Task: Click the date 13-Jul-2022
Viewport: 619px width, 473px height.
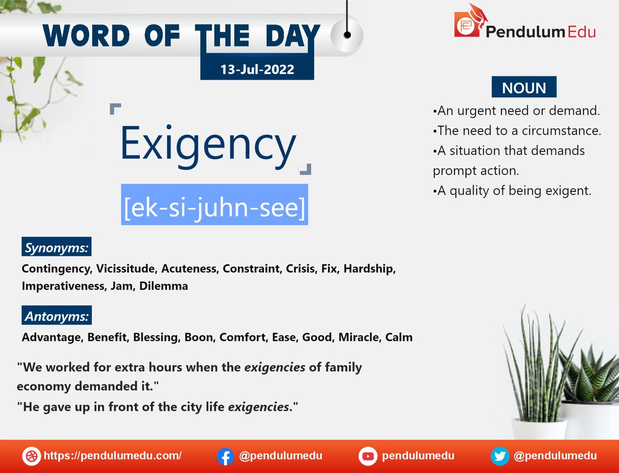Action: pyautogui.click(x=257, y=69)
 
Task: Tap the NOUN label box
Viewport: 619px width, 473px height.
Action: pyautogui.click(x=524, y=87)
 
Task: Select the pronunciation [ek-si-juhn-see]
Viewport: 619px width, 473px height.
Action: pyautogui.click(x=215, y=205)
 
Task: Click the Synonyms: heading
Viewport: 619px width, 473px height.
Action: pyautogui.click(x=57, y=248)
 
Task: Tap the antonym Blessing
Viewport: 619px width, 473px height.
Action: pyautogui.click(x=156, y=338)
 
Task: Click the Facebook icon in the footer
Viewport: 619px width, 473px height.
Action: pyautogui.click(x=225, y=456)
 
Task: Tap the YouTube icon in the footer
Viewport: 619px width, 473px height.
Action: pyautogui.click(x=368, y=456)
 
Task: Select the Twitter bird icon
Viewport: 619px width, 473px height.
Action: pyautogui.click(x=500, y=456)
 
